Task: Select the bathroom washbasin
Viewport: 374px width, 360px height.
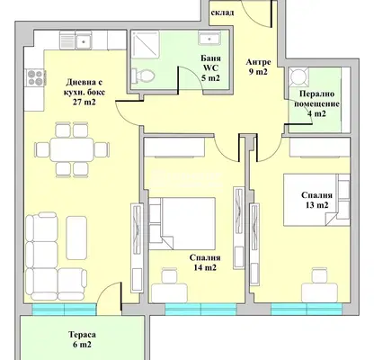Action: pos(209,38)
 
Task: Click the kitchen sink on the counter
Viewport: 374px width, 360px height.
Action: pos(84,40)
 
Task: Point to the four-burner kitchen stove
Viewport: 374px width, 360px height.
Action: pos(35,77)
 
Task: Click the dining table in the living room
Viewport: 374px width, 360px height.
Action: pos(72,149)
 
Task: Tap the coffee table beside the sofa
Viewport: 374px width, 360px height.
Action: pos(76,238)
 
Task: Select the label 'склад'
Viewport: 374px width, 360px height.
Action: pos(222,13)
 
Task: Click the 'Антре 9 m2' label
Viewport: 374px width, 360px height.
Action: pos(258,67)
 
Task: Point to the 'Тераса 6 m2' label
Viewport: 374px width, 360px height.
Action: pos(82,339)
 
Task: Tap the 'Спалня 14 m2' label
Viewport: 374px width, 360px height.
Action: pos(205,263)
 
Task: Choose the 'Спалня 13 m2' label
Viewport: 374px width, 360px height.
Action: pos(316,200)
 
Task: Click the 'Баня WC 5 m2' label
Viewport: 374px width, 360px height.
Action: pos(210,68)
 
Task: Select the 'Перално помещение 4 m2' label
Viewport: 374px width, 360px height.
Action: pos(316,103)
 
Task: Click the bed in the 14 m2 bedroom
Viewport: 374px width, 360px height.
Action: pos(182,223)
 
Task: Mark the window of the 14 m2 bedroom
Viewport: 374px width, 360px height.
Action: pos(200,310)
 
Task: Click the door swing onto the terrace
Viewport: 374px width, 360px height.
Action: pos(110,296)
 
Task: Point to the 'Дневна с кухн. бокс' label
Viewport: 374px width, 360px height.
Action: pos(85,87)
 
